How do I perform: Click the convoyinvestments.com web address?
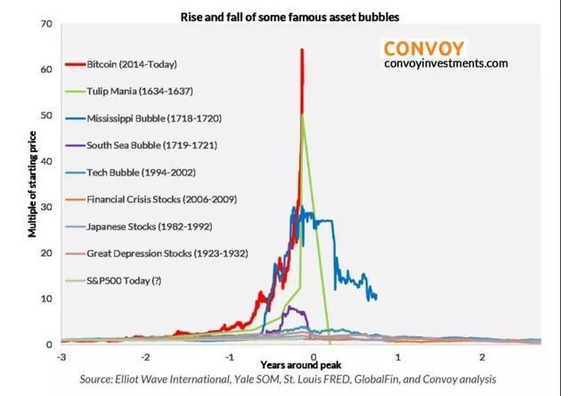(445, 64)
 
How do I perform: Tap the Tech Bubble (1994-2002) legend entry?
(142, 172)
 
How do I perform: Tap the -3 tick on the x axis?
(61, 357)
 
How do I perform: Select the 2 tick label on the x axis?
(481, 357)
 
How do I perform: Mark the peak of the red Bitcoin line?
(302, 50)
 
